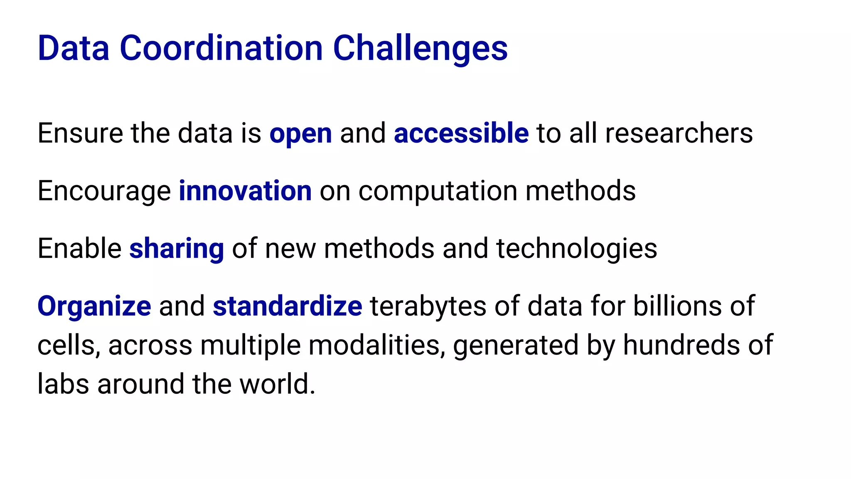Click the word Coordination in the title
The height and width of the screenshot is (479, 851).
(x=221, y=48)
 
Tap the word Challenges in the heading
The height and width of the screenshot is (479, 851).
(x=420, y=48)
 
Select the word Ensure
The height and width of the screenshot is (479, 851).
(x=80, y=133)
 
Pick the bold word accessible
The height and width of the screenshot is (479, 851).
(x=461, y=133)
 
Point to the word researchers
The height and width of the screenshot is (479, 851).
(x=679, y=133)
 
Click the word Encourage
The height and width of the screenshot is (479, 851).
(x=104, y=191)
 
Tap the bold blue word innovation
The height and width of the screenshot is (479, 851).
(x=245, y=191)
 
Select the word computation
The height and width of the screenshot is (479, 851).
(x=438, y=191)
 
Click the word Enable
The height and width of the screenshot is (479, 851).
(x=79, y=249)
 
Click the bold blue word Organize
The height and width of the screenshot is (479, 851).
(x=94, y=306)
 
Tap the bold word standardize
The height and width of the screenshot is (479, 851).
(x=288, y=306)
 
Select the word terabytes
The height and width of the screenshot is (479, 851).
(x=428, y=306)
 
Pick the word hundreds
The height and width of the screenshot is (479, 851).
(x=681, y=345)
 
